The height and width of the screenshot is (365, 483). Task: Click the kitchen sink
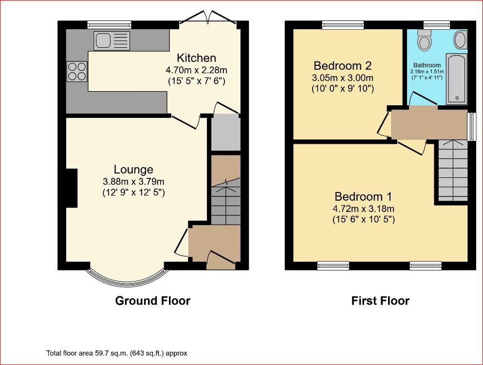(x=111, y=41)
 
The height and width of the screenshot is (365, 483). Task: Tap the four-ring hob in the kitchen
(x=77, y=71)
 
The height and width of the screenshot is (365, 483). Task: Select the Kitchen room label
(x=197, y=58)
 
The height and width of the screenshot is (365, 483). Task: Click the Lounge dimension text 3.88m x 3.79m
(x=133, y=181)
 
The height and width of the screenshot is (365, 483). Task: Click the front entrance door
(x=221, y=258)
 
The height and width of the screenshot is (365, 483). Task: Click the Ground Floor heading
(x=153, y=301)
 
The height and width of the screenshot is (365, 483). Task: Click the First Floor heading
(x=380, y=301)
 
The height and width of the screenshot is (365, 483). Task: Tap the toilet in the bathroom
(x=424, y=40)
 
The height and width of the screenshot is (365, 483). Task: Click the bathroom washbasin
(x=461, y=39)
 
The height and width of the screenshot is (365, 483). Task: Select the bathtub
(x=457, y=78)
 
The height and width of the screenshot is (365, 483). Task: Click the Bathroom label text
(x=427, y=65)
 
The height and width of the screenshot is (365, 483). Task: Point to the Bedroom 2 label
(x=343, y=66)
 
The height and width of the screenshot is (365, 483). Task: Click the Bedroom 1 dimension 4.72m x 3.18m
(x=364, y=209)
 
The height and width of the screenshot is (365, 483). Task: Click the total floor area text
(x=117, y=353)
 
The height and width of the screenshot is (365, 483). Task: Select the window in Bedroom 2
(x=343, y=25)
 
